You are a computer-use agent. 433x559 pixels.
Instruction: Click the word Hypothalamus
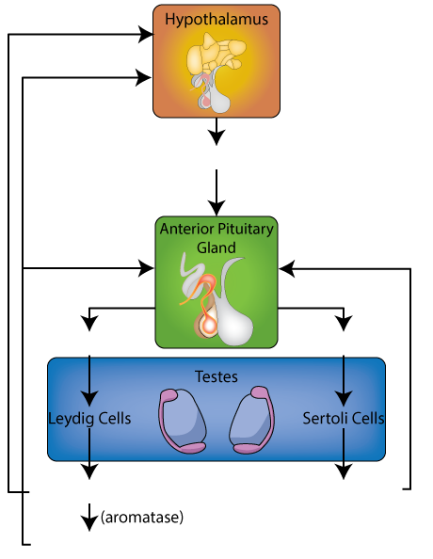[x=216, y=20]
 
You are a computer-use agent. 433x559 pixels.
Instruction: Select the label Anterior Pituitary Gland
[x=216, y=238]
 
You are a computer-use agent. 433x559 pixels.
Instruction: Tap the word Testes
[x=216, y=376]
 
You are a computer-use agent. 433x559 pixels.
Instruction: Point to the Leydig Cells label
[x=89, y=419]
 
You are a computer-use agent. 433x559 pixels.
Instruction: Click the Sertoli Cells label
[x=344, y=419]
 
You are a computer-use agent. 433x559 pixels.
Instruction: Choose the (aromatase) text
[x=142, y=517]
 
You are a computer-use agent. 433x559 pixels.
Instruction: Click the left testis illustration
[x=183, y=421]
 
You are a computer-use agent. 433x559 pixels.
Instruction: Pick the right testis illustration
[x=252, y=420]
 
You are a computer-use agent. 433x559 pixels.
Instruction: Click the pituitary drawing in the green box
[x=216, y=299]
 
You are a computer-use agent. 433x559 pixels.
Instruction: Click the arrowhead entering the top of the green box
[x=216, y=208]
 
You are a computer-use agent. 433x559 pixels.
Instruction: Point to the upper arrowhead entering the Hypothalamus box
[x=146, y=35]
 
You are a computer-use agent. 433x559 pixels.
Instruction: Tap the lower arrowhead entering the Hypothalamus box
[x=144, y=77]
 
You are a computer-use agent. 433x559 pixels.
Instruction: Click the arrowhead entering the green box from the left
[x=146, y=268]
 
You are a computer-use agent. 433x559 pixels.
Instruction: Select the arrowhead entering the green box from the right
[x=286, y=269]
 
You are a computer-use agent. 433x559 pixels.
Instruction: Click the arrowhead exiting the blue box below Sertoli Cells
[x=344, y=471]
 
